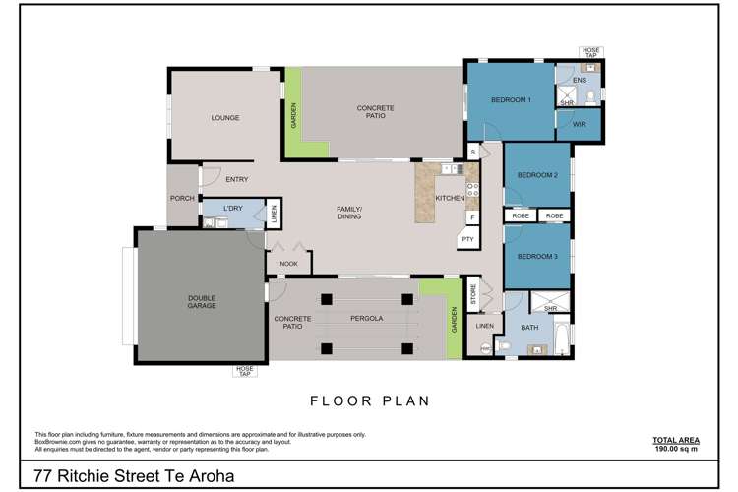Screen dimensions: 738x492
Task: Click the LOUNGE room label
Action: pyautogui.click(x=225, y=118)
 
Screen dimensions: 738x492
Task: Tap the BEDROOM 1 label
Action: pyautogui.click(x=511, y=99)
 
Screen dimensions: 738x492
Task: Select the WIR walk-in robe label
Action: pyautogui.click(x=579, y=124)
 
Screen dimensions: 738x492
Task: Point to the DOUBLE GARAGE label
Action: pyautogui.click(x=202, y=302)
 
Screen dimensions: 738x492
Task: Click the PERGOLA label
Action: pyautogui.click(x=367, y=318)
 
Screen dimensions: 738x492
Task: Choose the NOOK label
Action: pyautogui.click(x=288, y=264)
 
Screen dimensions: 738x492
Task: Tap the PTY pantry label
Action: pyautogui.click(x=467, y=239)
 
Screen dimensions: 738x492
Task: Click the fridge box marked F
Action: pyautogui.click(x=472, y=217)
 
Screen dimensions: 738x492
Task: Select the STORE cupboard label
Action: pyautogui.click(x=473, y=294)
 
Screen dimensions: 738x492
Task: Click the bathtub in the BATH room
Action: pyautogui.click(x=562, y=338)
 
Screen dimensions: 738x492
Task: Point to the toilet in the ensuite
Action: pyautogui.click(x=591, y=97)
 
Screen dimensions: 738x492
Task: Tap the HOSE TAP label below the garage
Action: pyautogui.click(x=245, y=371)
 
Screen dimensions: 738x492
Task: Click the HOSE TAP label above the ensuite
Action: pyautogui.click(x=591, y=52)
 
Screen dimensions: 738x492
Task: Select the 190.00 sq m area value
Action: pyautogui.click(x=676, y=449)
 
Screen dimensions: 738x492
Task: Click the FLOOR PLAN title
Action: pyautogui.click(x=370, y=401)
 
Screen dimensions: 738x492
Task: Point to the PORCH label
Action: pyautogui.click(x=182, y=198)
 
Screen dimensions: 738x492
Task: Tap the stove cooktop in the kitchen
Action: pyautogui.click(x=472, y=190)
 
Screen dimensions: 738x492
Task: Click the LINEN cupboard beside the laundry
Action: pyautogui.click(x=274, y=214)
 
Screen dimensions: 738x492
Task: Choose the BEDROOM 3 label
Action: pyautogui.click(x=537, y=256)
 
